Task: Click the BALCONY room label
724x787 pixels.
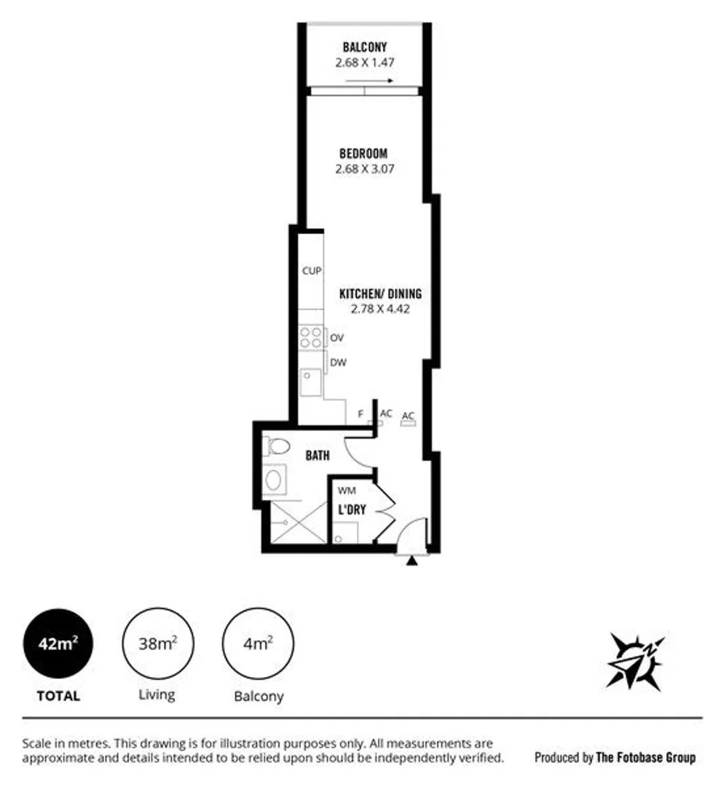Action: coord(364,48)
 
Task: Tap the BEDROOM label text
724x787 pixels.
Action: coord(363,154)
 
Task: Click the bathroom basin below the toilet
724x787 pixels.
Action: coord(275,479)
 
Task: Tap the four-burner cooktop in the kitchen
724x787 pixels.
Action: coord(312,337)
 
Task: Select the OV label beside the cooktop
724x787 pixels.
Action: coord(337,338)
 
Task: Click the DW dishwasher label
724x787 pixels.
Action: coord(337,362)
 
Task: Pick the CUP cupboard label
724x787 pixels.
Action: coord(312,271)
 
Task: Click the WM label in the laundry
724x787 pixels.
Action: coord(347,490)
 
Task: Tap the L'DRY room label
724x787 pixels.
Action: coord(350,510)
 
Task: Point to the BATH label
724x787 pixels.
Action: coord(318,455)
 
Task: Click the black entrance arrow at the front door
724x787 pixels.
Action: coord(412,561)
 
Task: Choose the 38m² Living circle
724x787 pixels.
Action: coord(157,643)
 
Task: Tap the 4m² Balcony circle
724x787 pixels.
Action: coord(258,643)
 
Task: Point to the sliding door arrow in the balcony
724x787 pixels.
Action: coord(379,80)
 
